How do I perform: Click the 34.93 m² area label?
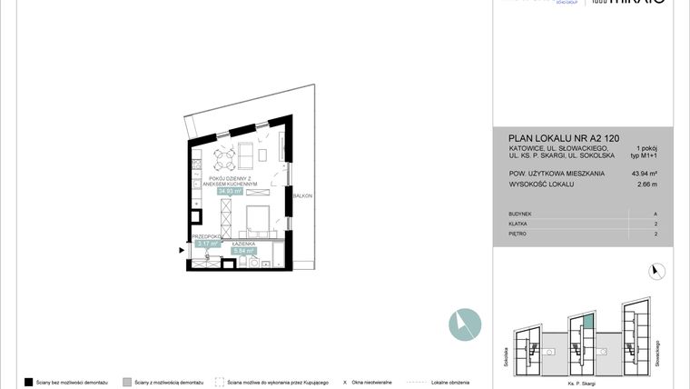(x=229, y=192)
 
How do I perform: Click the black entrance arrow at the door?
(x=181, y=245)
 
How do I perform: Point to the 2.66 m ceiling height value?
(x=646, y=184)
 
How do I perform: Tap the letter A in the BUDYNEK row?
(x=655, y=214)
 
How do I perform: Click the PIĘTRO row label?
(x=520, y=234)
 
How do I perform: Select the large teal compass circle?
(x=464, y=324)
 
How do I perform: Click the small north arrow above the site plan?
(x=658, y=270)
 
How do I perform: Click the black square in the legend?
(x=29, y=383)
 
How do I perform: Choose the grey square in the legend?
(x=127, y=383)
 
